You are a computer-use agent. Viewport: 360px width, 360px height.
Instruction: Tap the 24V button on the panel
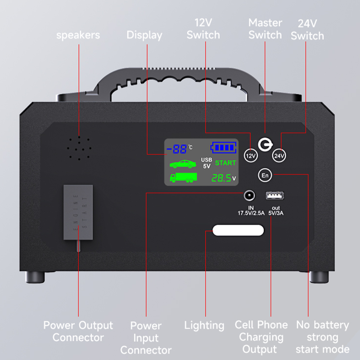(279, 156)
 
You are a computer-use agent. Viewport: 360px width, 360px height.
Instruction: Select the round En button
(265, 175)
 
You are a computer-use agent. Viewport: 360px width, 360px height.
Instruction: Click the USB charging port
(272, 196)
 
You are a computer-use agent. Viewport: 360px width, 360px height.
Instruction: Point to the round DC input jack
(249, 196)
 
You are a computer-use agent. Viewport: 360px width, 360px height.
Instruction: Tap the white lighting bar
(238, 230)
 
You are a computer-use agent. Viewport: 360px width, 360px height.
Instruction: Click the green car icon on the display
(183, 164)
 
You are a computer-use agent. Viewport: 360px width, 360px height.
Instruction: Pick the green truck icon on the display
(183, 177)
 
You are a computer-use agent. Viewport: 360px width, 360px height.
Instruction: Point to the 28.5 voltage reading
(223, 178)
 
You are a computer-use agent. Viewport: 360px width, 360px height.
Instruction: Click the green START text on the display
(225, 163)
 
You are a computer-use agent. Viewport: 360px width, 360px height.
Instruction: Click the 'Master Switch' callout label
(265, 28)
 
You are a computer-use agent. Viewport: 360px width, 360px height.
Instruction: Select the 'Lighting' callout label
(204, 325)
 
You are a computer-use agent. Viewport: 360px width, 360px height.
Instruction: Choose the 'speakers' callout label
(78, 35)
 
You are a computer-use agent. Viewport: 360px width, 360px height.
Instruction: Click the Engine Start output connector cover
(78, 211)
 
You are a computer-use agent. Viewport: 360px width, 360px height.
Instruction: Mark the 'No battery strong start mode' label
(322, 337)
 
